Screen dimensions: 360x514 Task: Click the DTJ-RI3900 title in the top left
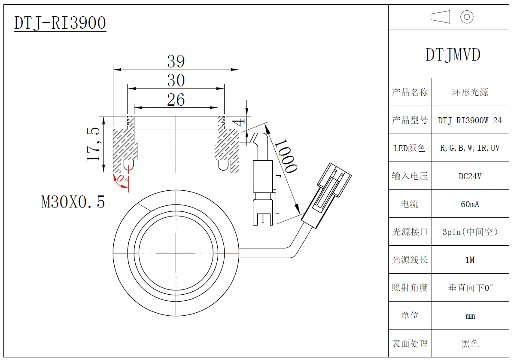[60, 23]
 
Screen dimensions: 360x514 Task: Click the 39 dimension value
[176, 61]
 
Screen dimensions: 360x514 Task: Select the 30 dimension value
[176, 80]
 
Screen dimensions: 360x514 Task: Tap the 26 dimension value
[176, 100]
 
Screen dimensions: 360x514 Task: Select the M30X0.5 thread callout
[73, 201]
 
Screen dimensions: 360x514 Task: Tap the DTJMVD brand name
[453, 55]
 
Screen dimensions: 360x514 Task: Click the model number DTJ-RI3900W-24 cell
[470, 120]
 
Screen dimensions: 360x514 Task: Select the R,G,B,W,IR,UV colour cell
[470, 148]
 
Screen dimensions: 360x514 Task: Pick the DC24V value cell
[470, 176]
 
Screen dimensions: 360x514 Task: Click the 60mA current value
[470, 204]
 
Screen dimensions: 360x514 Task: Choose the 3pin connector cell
[470, 232]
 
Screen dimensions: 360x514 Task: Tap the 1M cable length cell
[470, 260]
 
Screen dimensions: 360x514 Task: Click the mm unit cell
[470, 316]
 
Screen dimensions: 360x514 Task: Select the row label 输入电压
[410, 176]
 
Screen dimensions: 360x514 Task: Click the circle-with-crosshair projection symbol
[467, 17]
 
